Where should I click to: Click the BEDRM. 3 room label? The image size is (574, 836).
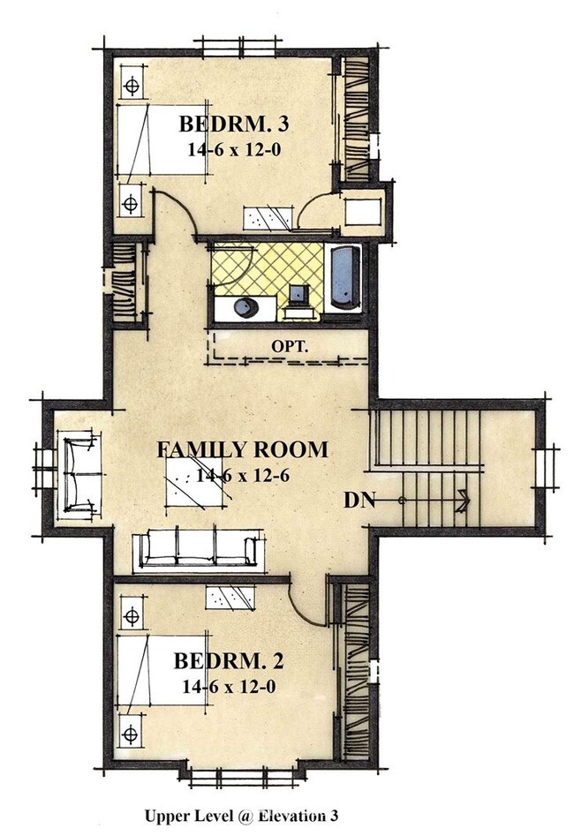(233, 124)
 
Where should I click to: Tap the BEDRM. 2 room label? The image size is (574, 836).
(229, 661)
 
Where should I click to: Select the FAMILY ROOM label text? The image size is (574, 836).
(242, 449)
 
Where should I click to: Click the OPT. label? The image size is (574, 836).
(290, 347)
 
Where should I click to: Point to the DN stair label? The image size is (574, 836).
(359, 501)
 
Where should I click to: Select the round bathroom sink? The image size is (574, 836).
(245, 308)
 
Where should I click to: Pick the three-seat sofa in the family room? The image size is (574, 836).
(199, 548)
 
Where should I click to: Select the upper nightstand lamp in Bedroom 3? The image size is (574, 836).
(132, 85)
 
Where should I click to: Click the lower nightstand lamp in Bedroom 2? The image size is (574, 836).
(130, 734)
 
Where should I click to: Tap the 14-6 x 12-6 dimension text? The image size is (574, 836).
(243, 475)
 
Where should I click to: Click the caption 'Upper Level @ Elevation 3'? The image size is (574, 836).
(241, 816)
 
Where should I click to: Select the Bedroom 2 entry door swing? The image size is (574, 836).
(306, 602)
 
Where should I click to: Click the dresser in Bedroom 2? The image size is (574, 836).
(230, 597)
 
